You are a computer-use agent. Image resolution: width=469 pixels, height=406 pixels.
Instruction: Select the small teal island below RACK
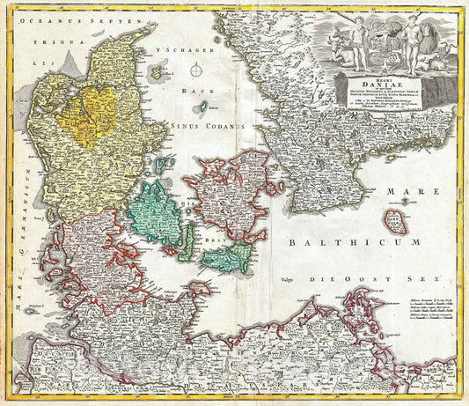pyautogui.click(x=204, y=107)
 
